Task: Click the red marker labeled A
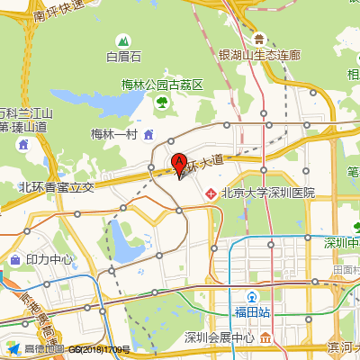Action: (179, 165)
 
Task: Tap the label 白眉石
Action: (124, 57)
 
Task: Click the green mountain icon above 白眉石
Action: (123, 40)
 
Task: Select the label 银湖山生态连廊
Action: (259, 54)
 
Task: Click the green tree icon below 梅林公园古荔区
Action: (162, 103)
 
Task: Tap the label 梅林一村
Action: (112, 134)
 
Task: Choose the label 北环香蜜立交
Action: (56, 188)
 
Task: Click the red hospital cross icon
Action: (211, 193)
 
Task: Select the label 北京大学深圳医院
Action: (268, 193)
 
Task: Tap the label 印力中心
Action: (49, 260)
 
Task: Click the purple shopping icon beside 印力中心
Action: (14, 260)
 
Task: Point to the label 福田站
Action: (254, 312)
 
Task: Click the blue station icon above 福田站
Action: (254, 296)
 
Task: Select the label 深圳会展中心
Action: (219, 337)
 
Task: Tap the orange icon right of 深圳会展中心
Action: (267, 337)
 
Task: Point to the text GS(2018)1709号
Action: (99, 349)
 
